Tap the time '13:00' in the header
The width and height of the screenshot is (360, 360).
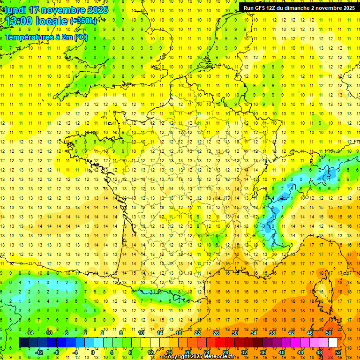(x=20, y=21)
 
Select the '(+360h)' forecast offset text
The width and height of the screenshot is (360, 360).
(x=83, y=21)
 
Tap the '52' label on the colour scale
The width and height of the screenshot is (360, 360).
(x=338, y=352)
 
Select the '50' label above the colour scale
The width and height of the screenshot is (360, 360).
(x=328, y=333)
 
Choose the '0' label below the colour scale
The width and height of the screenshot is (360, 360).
(x=94, y=352)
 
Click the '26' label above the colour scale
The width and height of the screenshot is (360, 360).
(x=216, y=333)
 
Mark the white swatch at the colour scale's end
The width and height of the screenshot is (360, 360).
(x=333, y=343)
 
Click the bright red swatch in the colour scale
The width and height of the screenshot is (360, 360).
(x=220, y=343)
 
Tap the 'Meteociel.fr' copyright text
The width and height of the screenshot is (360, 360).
(x=219, y=357)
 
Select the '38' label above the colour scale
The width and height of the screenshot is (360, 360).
(x=272, y=333)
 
